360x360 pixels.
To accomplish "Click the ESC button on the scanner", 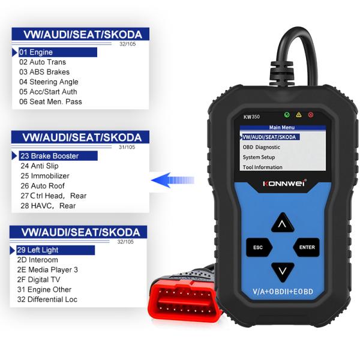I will click(x=259, y=247).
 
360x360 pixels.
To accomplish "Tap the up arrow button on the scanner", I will click(x=281, y=224).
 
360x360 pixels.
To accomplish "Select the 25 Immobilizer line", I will click(x=45, y=176).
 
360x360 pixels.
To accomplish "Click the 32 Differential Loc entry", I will click(x=48, y=299).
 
